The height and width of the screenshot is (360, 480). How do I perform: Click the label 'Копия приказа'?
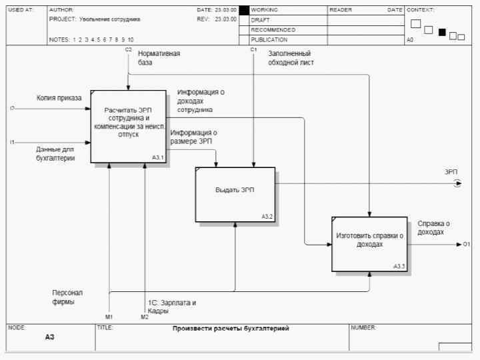[59, 98]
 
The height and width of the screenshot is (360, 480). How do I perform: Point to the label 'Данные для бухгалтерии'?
[55, 154]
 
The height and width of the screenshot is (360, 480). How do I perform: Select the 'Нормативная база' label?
[159, 58]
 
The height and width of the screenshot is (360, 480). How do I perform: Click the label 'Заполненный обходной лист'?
[291, 58]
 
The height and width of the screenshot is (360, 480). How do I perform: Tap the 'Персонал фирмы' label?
[67, 297]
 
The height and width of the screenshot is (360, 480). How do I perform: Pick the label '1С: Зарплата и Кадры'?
[172, 307]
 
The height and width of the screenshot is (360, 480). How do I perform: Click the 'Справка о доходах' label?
[433, 228]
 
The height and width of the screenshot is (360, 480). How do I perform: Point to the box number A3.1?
[158, 157]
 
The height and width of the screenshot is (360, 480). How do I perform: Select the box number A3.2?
[267, 216]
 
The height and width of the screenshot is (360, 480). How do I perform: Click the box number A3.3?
[399, 266]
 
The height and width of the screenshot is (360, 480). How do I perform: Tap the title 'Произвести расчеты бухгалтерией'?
[231, 329]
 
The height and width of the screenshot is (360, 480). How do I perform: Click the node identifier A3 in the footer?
[49, 337]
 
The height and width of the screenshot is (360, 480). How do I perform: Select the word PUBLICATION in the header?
[269, 40]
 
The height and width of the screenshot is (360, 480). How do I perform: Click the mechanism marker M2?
[144, 317]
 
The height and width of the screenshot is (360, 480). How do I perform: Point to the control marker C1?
[253, 50]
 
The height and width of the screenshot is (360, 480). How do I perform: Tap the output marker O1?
[467, 245]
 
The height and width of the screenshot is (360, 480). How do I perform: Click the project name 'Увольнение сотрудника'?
[109, 19]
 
